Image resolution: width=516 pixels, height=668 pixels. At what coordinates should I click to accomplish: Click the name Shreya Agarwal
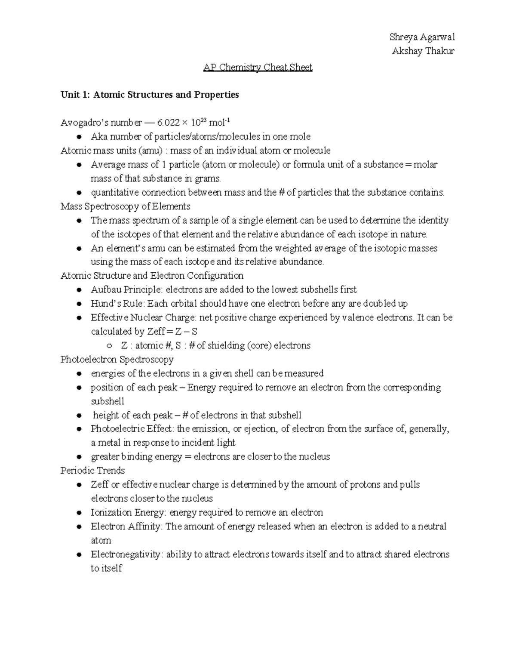(422, 37)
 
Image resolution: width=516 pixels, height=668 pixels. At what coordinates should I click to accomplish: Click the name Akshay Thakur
(423, 51)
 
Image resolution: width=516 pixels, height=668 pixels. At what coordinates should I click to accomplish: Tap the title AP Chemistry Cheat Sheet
(258, 68)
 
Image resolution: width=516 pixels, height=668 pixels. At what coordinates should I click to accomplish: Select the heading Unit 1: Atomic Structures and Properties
(150, 95)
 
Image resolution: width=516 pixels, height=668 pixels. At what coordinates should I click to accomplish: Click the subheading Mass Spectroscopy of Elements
(125, 206)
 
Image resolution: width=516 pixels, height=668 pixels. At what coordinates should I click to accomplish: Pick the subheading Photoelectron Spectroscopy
(117, 359)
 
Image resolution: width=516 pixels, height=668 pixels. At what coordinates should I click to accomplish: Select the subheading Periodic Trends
(92, 471)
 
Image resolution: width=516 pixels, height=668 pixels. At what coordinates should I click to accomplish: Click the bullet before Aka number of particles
(79, 137)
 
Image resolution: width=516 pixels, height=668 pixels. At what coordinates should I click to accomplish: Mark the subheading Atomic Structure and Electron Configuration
(152, 276)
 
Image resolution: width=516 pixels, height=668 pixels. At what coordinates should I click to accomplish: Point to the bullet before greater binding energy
(79, 457)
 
